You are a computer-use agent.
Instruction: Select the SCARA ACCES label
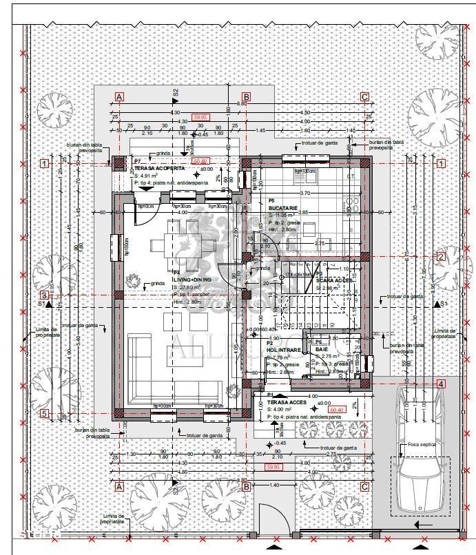point(335,280)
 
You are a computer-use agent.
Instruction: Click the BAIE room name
point(322,350)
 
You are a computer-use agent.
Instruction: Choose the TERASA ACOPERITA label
point(159,169)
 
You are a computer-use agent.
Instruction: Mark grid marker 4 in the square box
point(441,384)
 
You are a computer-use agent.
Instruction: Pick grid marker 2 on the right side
point(441,257)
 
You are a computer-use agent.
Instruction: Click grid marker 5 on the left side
point(44,414)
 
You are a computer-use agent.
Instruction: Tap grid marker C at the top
point(365,97)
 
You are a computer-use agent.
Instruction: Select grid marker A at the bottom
point(118,486)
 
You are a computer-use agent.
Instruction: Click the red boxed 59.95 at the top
point(200,118)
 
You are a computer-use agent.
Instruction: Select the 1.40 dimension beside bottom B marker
point(273,485)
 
